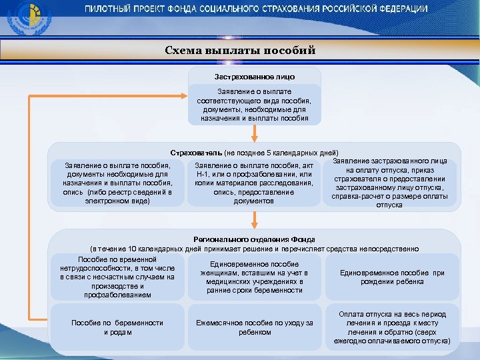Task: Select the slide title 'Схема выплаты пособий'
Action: [240, 51]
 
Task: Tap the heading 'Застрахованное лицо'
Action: [254, 77]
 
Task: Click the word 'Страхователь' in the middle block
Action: [196, 153]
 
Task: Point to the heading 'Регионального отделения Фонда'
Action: [254, 239]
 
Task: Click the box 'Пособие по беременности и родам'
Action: [117, 327]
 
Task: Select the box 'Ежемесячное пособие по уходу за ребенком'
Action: [254, 327]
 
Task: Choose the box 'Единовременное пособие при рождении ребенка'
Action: [391, 277]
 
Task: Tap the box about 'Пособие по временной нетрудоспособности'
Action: [117, 277]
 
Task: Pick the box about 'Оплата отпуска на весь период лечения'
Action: [391, 327]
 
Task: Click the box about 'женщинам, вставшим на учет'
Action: [254, 277]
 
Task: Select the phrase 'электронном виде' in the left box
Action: [117, 201]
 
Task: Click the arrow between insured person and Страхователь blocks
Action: [254, 134]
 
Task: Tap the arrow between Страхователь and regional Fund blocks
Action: [254, 221]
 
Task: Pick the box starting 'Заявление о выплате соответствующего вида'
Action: [254, 105]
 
